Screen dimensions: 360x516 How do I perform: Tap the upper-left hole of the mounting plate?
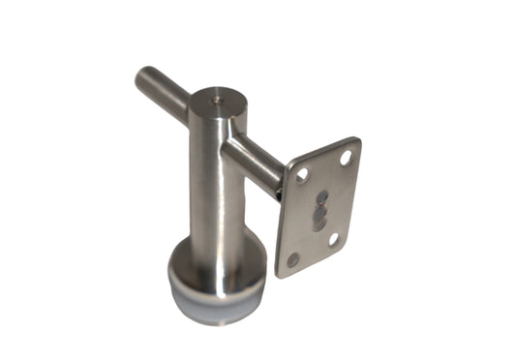click(x=302, y=177)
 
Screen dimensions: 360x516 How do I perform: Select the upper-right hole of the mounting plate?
click(x=346, y=156)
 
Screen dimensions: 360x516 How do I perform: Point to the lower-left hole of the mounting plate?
click(x=293, y=259)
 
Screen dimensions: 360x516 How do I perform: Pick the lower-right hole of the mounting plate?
click(x=335, y=238)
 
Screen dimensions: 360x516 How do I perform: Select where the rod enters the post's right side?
click(x=232, y=145)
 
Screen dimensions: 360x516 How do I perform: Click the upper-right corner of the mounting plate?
click(x=356, y=141)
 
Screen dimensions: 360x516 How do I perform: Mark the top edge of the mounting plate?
click(x=324, y=150)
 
